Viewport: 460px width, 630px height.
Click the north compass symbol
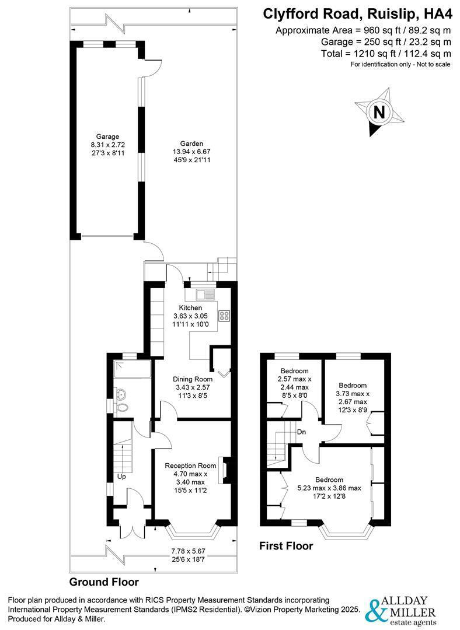379,111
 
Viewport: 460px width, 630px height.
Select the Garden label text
191,143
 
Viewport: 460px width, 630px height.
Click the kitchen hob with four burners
224,316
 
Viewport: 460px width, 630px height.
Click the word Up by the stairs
122,476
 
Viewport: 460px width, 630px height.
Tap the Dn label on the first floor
302,432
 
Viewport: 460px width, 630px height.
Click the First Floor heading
286,547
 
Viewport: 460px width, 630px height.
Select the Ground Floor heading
104,582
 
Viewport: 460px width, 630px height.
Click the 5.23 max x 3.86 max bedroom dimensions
329,488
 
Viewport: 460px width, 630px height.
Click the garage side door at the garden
151,68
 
